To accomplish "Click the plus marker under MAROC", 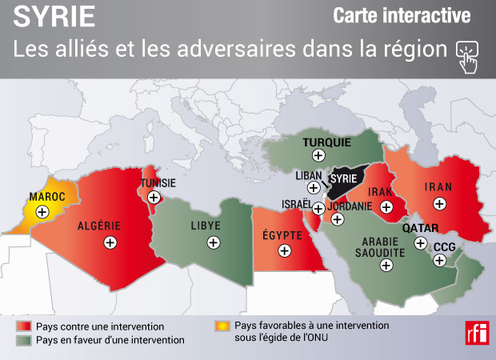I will (x=42, y=211).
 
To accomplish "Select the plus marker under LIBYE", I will (x=214, y=242).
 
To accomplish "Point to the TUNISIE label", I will (x=158, y=182).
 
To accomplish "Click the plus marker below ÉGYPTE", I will (x=284, y=250).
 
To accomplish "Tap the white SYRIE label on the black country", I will (x=344, y=178).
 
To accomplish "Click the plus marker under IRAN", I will (x=439, y=203).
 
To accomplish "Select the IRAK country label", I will (x=380, y=193).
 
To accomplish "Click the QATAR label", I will (x=420, y=228).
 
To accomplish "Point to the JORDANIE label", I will (x=350, y=206).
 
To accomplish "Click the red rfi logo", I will (x=476, y=331).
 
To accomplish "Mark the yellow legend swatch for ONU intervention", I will (x=220, y=326).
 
